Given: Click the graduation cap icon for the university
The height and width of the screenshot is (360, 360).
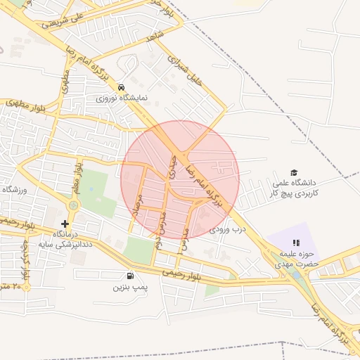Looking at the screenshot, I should pos(294,173).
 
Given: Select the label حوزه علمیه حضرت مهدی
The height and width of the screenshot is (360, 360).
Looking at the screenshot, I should pos(296,259).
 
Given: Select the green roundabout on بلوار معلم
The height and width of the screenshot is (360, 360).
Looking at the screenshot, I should pos(73,205).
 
